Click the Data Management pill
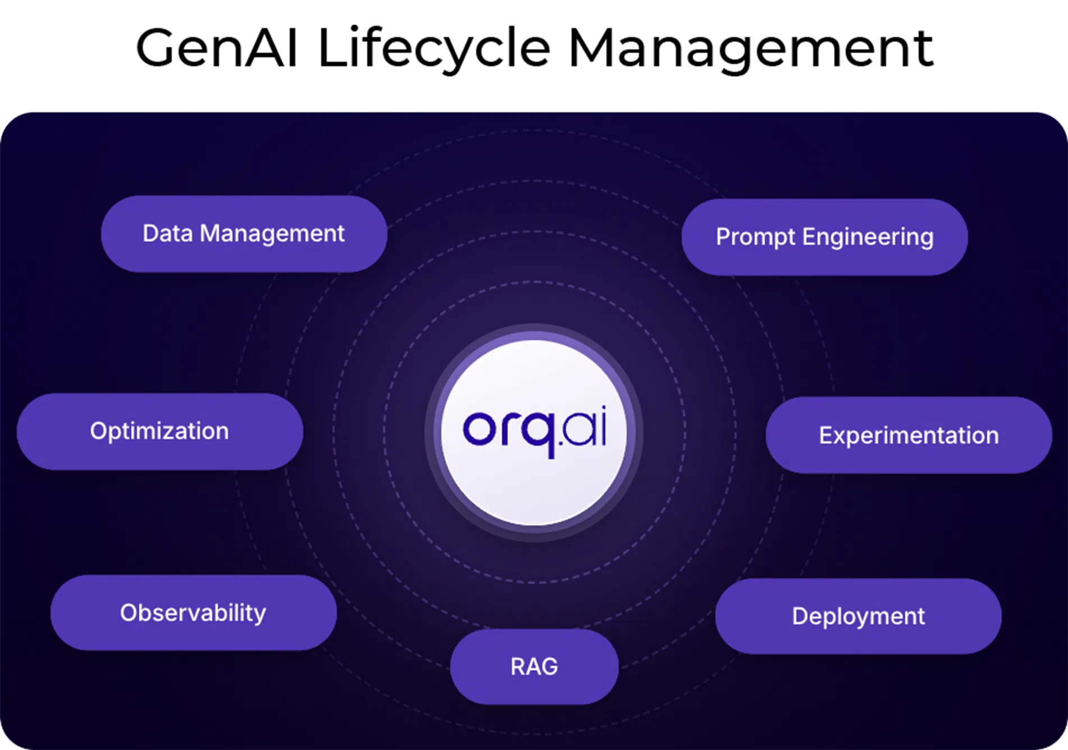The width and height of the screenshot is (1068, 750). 244,234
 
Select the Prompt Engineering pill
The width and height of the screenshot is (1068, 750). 824,237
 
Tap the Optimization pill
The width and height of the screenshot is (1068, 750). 160,431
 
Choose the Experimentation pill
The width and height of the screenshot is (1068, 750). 909,435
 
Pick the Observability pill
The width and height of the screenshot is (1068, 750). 193,612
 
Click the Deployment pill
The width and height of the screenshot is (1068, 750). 858,616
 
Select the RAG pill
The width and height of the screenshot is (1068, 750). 535,666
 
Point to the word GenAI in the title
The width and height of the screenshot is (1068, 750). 217,48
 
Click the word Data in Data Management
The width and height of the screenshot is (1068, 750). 168,233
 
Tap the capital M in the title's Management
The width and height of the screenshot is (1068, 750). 592,48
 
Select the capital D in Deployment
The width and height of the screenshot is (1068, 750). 800,616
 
